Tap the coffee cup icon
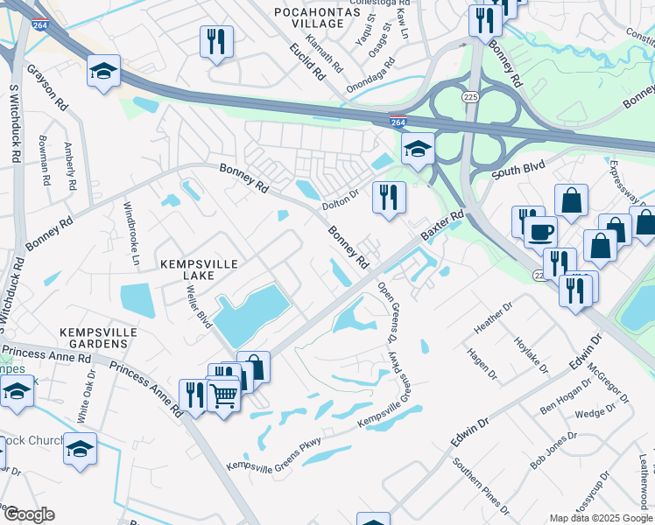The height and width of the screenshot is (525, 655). tap(540, 233)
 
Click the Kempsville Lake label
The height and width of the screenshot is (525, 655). tap(187, 268)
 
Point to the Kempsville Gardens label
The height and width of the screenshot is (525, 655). tap(94, 338)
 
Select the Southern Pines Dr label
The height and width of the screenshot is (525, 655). tap(480, 486)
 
